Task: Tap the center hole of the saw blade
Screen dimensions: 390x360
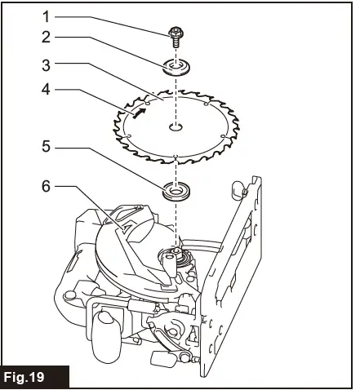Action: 176,126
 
